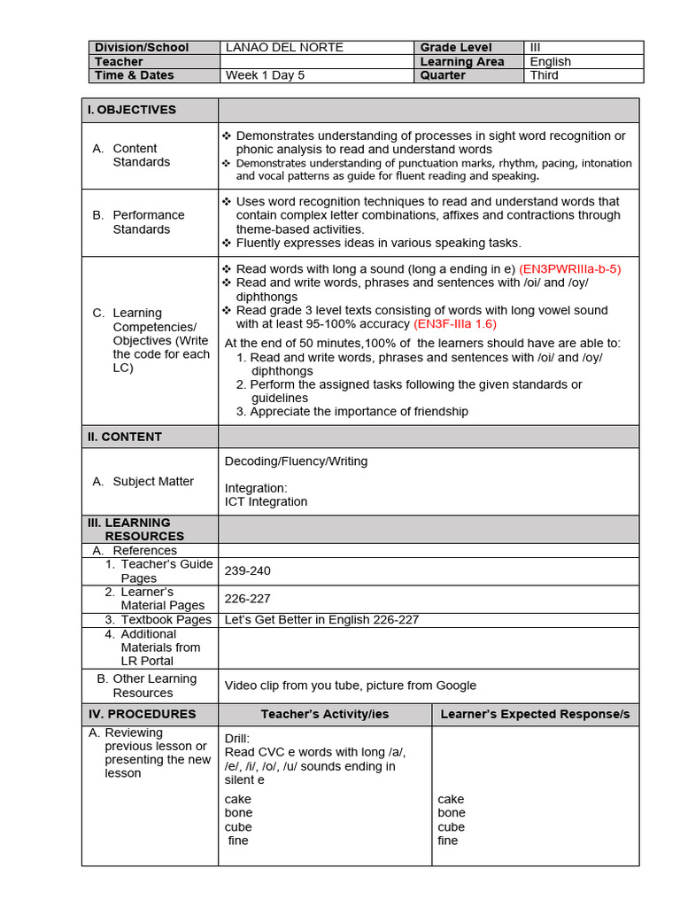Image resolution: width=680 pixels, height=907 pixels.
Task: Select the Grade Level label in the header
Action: point(456,48)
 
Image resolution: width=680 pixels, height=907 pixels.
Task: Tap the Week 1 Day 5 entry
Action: point(265,76)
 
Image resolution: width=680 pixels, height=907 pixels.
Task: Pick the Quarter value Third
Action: point(545,76)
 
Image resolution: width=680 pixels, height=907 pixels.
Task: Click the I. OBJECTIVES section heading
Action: point(131,110)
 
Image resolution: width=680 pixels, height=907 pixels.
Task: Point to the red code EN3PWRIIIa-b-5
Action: point(569,268)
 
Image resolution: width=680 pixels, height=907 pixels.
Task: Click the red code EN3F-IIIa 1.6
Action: point(454,324)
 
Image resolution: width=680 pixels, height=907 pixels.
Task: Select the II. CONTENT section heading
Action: point(125,437)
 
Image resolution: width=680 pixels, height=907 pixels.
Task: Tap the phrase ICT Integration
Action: point(266,502)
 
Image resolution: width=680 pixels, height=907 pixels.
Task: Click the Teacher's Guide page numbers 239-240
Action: point(248,571)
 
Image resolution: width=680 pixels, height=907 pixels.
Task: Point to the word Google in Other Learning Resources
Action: point(454,686)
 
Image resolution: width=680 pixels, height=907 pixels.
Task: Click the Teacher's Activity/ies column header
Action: point(325,714)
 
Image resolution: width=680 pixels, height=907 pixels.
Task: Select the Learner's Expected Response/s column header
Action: point(535,714)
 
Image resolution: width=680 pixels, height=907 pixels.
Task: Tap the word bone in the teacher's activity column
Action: point(238,813)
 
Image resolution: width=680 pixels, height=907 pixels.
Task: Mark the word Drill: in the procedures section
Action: point(237,739)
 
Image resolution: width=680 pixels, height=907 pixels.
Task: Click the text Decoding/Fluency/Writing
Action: point(296,461)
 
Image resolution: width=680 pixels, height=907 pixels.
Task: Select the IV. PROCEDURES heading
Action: point(142,714)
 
